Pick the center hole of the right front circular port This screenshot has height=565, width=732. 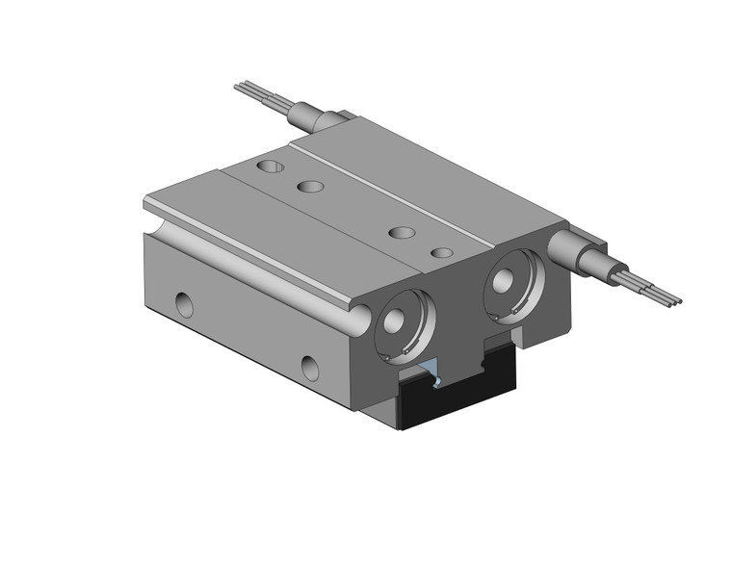504,280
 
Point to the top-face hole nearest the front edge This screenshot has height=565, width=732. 441,252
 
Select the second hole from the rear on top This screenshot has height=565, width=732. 310,185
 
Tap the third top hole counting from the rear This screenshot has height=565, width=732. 402,232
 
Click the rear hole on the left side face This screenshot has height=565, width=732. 183,304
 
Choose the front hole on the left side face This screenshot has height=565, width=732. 310,366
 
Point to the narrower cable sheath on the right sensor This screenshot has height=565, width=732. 618,272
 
